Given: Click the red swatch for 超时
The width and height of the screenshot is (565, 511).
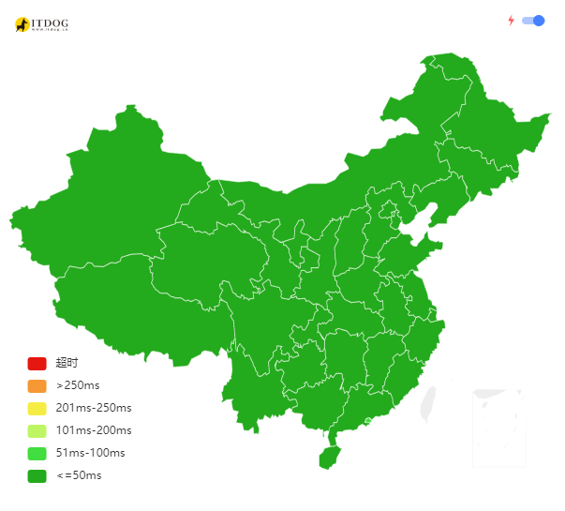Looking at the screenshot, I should click(37, 364).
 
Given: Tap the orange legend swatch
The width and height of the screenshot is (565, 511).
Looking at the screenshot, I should click(37, 386).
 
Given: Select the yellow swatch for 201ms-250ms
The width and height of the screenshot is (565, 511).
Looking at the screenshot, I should click(37, 409).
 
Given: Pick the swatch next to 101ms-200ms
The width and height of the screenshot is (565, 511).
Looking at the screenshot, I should click(37, 431).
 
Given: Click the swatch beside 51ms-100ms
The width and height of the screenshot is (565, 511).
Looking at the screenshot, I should click(37, 454).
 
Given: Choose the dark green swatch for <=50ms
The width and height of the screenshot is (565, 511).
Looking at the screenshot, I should click(37, 476).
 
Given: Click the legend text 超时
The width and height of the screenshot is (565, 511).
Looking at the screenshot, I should click(67, 363).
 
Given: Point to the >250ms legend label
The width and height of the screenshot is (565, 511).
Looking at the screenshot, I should click(78, 385).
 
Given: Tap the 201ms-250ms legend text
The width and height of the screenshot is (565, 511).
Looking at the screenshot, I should click(93, 408).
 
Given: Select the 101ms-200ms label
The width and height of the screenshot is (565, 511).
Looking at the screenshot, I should click(93, 430).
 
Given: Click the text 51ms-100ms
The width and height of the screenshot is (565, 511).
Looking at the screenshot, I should click(90, 453).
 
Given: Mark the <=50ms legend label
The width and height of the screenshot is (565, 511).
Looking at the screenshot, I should click(79, 475).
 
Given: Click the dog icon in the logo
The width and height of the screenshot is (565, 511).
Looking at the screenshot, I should click(22, 24).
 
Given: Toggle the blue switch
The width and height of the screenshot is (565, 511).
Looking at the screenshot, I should click(533, 21).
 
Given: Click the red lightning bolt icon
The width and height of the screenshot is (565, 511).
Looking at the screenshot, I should click(511, 21).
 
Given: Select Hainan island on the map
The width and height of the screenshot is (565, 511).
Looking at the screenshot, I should click(327, 457).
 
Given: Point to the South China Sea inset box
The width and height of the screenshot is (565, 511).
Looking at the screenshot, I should click(498, 427).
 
